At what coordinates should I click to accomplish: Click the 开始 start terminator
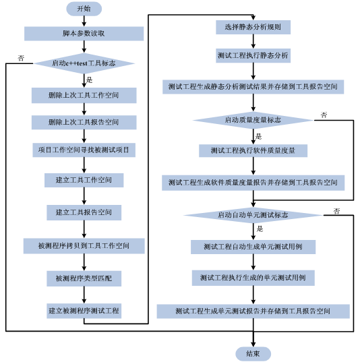(x=84, y=9)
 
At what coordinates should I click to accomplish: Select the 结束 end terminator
(x=253, y=354)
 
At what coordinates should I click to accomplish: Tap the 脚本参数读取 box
(x=84, y=34)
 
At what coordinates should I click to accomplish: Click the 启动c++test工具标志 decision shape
(x=84, y=63)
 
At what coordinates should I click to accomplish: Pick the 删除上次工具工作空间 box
(x=84, y=96)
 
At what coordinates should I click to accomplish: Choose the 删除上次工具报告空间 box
(x=84, y=123)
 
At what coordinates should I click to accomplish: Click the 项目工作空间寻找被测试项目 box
(x=84, y=150)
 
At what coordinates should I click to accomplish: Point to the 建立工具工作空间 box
(x=84, y=181)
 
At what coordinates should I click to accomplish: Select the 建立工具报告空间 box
(x=84, y=212)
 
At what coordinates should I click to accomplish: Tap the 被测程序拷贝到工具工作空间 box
(x=84, y=246)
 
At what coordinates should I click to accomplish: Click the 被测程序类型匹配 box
(x=84, y=278)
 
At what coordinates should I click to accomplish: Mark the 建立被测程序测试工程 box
(x=84, y=311)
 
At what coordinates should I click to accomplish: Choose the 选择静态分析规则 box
(x=253, y=28)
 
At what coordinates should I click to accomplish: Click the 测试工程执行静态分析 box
(x=253, y=56)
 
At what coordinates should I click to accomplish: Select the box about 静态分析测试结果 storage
(x=253, y=87)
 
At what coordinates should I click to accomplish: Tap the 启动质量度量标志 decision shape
(x=253, y=120)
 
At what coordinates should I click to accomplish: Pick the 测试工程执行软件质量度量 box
(x=253, y=150)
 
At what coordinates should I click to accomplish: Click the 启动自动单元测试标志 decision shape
(x=253, y=215)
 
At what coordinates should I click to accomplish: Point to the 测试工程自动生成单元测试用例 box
(x=253, y=247)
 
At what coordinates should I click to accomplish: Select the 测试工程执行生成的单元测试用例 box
(x=253, y=278)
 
